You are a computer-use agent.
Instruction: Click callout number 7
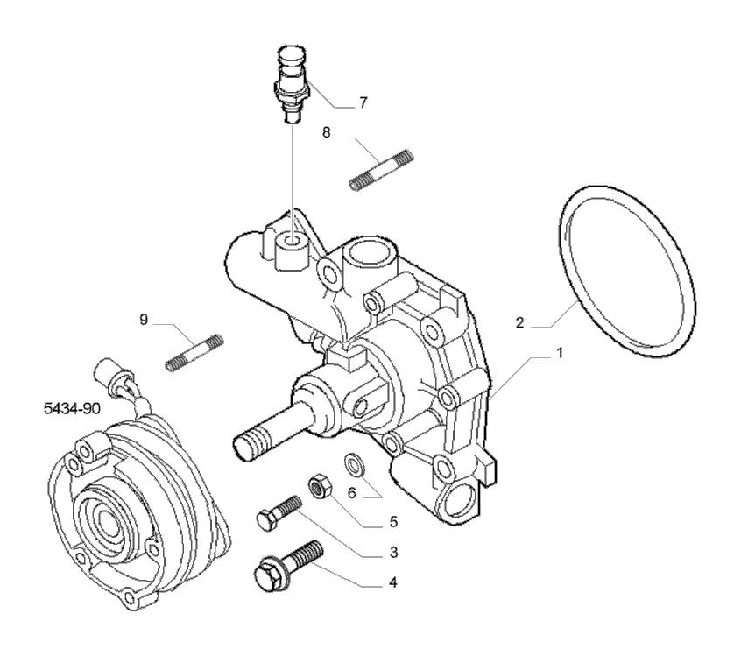pos(363,102)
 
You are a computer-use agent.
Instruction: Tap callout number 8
pos(326,133)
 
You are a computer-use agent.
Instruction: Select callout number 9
pos(144,320)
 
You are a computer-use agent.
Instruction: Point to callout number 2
pos(519,323)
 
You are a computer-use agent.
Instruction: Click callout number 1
pos(560,353)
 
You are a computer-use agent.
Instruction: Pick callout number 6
pos(351,493)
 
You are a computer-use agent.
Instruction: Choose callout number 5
pos(393,522)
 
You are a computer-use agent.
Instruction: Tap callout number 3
pos(393,552)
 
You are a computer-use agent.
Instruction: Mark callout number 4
pos(392,582)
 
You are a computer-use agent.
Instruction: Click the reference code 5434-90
pos(73,408)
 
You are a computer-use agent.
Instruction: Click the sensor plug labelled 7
pos(291,84)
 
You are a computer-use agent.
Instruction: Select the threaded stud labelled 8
pos(381,170)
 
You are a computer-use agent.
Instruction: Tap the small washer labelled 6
pos(353,462)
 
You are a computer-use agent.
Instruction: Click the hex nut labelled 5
pos(320,486)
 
